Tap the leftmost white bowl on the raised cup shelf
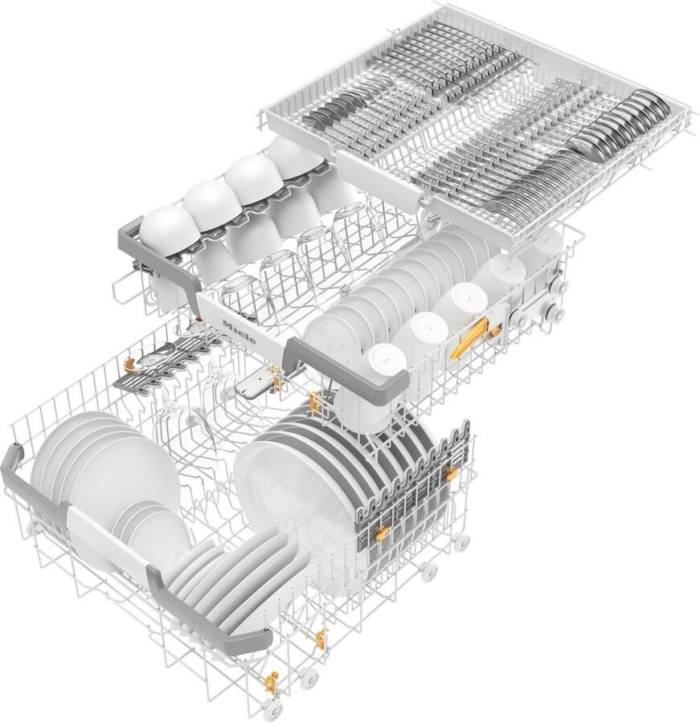pos(170,231)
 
